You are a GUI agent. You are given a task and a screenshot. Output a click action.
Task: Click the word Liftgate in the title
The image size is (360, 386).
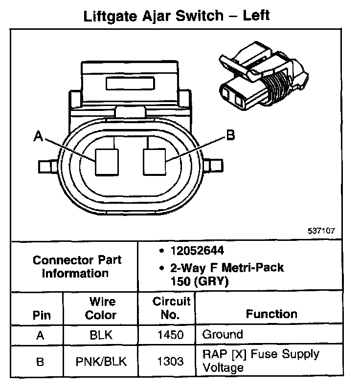pos(110,17)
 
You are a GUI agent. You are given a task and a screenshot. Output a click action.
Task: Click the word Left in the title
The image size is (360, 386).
pos(256,16)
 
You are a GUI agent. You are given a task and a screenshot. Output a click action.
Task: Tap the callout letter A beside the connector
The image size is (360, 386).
pos(38,136)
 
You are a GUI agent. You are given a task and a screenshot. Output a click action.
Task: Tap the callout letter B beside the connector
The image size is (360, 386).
pos(230,135)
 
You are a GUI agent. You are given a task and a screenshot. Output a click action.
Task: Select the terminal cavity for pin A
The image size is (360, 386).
pos(107,162)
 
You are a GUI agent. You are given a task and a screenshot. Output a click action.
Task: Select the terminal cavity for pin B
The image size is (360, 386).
pos(155,162)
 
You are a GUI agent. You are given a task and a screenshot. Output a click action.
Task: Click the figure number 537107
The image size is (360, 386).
pos(321,231)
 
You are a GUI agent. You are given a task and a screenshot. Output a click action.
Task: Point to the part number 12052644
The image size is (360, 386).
pos(197,251)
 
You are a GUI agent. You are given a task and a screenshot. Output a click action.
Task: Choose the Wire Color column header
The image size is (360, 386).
pos(101,308)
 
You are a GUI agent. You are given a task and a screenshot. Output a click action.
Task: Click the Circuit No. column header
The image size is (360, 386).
pos(171,308)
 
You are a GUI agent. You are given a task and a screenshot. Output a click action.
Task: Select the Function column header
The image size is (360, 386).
pos(271,314)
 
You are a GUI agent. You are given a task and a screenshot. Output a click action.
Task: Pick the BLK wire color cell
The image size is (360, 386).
pos(101,335)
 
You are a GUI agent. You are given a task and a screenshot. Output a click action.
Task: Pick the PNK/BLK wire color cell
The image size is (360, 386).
pos(101,362)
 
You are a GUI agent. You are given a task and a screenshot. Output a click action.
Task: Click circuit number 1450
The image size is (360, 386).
pos(171,335)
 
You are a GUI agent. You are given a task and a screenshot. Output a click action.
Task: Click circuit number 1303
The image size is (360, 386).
pos(171,362)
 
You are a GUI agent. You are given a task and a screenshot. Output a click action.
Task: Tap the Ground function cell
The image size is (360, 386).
pos(223,335)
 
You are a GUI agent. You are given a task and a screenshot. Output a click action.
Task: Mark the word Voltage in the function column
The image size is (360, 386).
pos(223,368)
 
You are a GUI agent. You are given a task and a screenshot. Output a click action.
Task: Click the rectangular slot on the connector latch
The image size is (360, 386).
pos(130,83)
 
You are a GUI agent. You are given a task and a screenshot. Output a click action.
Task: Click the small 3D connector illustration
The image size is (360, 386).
pos(264,76)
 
